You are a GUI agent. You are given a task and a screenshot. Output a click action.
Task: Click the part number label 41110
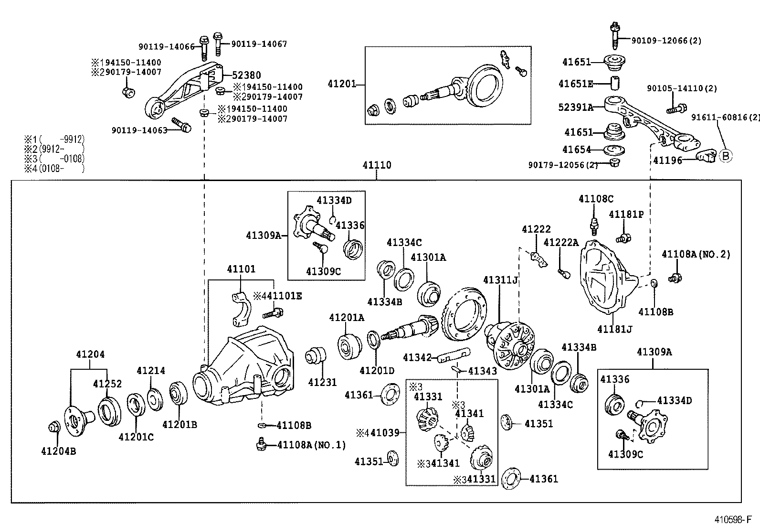[x=377, y=165]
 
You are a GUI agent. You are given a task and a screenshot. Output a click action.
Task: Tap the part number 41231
[x=322, y=382]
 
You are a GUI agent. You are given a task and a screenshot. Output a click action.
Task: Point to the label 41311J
[x=500, y=279]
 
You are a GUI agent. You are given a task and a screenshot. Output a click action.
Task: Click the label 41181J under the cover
[x=615, y=329]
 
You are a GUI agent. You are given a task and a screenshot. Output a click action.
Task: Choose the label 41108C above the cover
[x=596, y=199]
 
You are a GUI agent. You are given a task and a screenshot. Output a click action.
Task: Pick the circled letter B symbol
[x=725, y=156]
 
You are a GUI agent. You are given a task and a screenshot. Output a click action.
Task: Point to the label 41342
[x=417, y=357]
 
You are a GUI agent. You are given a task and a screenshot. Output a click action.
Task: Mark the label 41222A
[x=561, y=243]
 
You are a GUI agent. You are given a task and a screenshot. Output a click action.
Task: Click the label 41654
[x=577, y=150]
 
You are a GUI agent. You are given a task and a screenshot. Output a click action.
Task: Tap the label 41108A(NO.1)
[x=311, y=445]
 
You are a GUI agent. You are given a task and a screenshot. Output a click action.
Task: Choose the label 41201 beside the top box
[x=342, y=84]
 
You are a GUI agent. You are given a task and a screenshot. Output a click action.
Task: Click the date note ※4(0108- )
[x=54, y=168]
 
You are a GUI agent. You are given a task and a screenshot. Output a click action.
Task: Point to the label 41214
[x=151, y=371]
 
